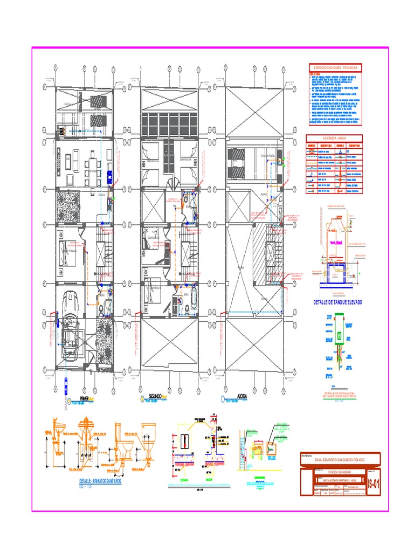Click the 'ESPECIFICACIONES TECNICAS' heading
tap(334, 68)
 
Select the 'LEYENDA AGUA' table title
tap(334, 139)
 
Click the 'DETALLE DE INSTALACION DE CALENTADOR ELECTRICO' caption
tap(339, 395)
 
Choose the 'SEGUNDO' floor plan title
tap(154, 397)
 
